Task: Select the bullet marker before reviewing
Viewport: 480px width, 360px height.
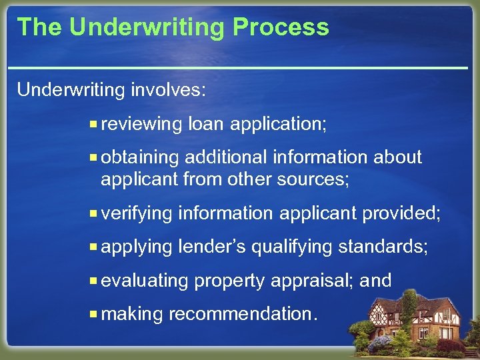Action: [x=95, y=124]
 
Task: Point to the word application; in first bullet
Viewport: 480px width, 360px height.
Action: [x=280, y=125]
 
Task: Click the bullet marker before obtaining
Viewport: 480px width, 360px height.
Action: [x=95, y=157]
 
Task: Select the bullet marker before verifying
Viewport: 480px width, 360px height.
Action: [x=95, y=213]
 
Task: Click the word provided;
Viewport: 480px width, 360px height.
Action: [x=401, y=213]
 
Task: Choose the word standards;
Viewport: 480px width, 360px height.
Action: [x=383, y=247]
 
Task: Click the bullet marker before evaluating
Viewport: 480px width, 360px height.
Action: [x=95, y=281]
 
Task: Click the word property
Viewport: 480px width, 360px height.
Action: [x=229, y=281]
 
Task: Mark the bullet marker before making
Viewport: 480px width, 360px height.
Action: [x=95, y=314]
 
